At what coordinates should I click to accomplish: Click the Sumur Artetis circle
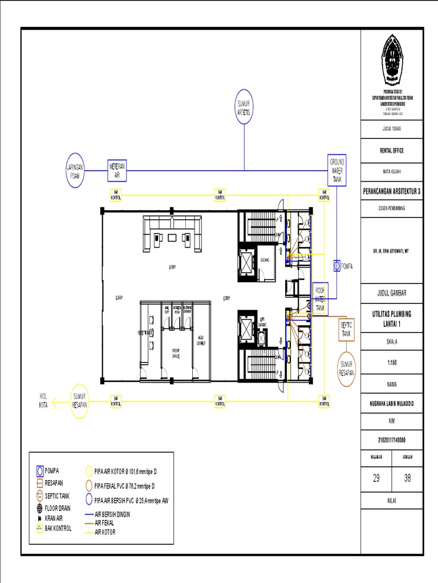coord(244,106)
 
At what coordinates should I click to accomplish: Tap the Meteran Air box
coord(116,169)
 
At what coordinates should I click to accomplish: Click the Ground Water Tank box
coord(336,170)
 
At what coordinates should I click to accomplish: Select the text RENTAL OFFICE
coord(392,151)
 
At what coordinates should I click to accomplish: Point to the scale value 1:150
coord(392,361)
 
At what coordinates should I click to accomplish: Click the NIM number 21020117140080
coord(392,440)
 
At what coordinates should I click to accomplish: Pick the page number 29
coord(376,478)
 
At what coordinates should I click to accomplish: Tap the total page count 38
coord(407,478)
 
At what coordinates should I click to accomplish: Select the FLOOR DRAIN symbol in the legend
coord(39,508)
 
